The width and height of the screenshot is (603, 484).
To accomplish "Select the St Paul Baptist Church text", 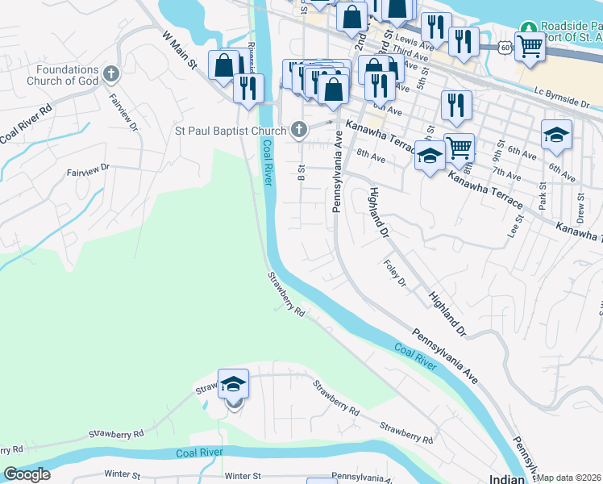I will [x=231, y=130].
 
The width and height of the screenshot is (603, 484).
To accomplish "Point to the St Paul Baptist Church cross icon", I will [x=299, y=129].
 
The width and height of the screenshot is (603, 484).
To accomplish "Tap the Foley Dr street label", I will [x=396, y=273].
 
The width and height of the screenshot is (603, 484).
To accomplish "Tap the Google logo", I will [x=27, y=474].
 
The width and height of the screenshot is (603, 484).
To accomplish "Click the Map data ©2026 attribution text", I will [x=569, y=478].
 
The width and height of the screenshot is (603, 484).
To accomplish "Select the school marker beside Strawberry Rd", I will [x=233, y=385].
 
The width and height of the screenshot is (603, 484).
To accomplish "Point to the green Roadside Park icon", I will [x=528, y=27].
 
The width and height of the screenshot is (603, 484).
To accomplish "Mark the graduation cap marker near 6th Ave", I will [x=556, y=135].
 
